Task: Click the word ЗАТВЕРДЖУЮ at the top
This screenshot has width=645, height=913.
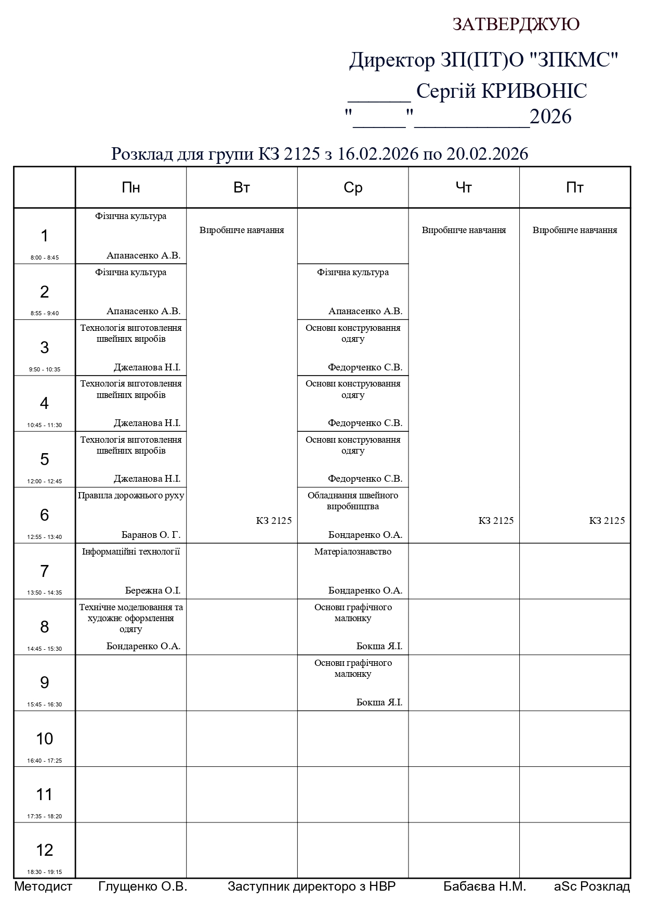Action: [516, 24]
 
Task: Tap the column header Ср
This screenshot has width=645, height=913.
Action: [353, 188]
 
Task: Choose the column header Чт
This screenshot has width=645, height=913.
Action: [464, 188]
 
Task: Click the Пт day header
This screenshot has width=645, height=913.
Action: [575, 188]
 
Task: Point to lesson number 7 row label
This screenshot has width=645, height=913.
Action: [44, 571]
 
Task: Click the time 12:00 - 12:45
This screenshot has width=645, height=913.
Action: [45, 481]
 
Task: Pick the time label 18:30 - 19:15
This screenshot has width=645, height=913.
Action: [45, 872]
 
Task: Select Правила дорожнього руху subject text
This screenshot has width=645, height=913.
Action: [131, 496]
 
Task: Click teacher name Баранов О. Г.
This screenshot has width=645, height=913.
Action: [151, 535]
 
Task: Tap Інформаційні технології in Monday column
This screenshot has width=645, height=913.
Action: [131, 551]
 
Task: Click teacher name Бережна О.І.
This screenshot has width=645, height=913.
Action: [153, 590]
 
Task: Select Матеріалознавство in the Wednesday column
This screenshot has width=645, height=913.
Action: [353, 551]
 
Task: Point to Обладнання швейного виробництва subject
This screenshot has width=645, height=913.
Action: [353, 501]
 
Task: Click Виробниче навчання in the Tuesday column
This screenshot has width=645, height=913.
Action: [242, 230]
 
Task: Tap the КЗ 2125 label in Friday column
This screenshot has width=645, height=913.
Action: [607, 521]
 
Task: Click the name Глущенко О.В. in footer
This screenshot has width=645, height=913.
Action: [142, 886]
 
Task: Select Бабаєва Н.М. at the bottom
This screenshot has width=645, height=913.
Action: [484, 886]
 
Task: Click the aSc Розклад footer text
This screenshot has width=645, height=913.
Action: [591, 886]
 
